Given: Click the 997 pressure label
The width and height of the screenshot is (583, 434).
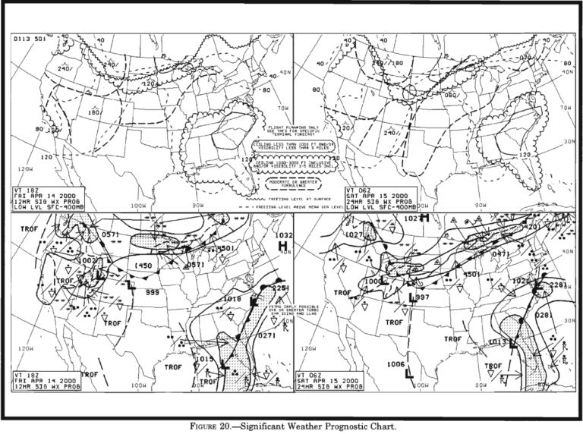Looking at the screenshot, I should [x=423, y=297].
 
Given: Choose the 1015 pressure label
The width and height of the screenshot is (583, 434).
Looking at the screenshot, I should [x=203, y=359].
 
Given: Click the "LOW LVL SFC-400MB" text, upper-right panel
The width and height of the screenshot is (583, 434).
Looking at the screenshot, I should [x=380, y=206].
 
